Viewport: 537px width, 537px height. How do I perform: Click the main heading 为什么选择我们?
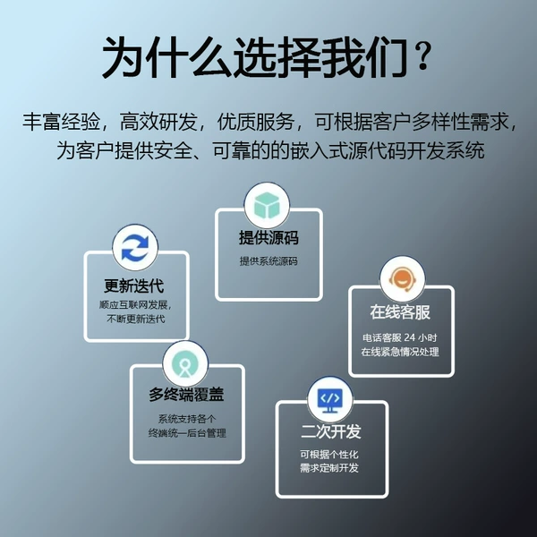tap(255, 57)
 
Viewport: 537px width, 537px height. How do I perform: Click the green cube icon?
tap(267, 206)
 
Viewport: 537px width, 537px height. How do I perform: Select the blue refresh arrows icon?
tap(135, 247)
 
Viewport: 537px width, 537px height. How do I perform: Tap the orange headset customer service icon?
tap(403, 279)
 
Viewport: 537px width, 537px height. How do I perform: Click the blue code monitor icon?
tap(329, 400)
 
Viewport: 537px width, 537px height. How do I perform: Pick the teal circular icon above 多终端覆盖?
tap(185, 363)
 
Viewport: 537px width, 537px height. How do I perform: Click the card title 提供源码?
tap(268, 237)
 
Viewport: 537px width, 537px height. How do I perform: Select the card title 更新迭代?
tap(134, 286)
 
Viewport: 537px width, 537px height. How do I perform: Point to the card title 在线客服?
tap(400, 312)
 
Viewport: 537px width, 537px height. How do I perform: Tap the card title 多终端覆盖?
tap(186, 394)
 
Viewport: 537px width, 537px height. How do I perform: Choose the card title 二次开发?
tap(331, 431)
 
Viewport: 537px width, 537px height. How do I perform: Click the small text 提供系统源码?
tap(268, 261)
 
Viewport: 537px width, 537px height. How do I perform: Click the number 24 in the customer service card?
tap(410, 337)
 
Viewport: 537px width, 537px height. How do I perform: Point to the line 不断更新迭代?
tap(136, 319)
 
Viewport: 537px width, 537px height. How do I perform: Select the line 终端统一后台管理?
tap(187, 433)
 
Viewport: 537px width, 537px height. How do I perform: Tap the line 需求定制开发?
tap(329, 468)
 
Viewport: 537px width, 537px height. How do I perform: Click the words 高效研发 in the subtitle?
tap(158, 121)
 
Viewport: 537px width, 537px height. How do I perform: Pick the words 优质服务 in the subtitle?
tap(256, 121)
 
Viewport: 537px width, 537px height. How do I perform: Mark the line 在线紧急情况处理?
tap(400, 352)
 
